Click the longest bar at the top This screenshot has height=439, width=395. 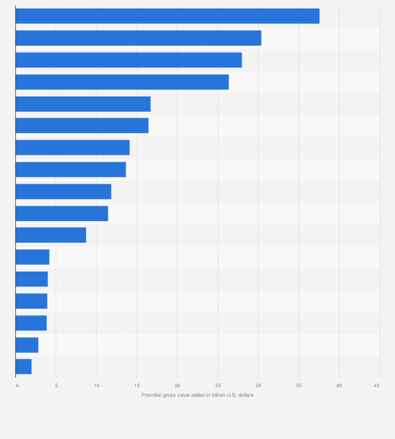pyautogui.click(x=167, y=16)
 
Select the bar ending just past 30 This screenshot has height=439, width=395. pyautogui.click(x=138, y=38)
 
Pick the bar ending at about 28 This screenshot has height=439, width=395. pyautogui.click(x=128, y=60)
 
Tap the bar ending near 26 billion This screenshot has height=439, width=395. pyautogui.click(x=122, y=82)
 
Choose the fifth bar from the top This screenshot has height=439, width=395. pyautogui.click(x=83, y=104)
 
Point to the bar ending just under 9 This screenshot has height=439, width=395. pyautogui.click(x=51, y=235)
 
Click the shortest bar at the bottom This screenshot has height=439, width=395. pyautogui.click(x=24, y=367)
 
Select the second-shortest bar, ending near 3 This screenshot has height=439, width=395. pyautogui.click(x=27, y=345)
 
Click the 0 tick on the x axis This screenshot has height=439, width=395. pyautogui.click(x=17, y=386)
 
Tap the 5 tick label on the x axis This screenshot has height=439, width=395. pyautogui.click(x=57, y=386)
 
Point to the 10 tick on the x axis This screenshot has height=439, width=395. pyautogui.click(x=96, y=386)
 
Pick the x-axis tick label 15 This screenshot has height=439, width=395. pyautogui.click(x=137, y=386)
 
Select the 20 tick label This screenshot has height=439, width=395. pyautogui.click(x=177, y=386)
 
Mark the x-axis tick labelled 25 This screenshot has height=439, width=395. pyautogui.click(x=217, y=386)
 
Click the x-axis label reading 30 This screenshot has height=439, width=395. pyautogui.click(x=258, y=386)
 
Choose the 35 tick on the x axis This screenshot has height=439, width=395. pyautogui.click(x=299, y=386)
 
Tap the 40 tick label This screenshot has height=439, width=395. pyautogui.click(x=339, y=386)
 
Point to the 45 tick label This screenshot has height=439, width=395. pyautogui.click(x=377, y=386)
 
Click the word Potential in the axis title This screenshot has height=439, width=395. pyautogui.click(x=151, y=395)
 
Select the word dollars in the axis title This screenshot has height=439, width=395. pyautogui.click(x=245, y=395)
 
